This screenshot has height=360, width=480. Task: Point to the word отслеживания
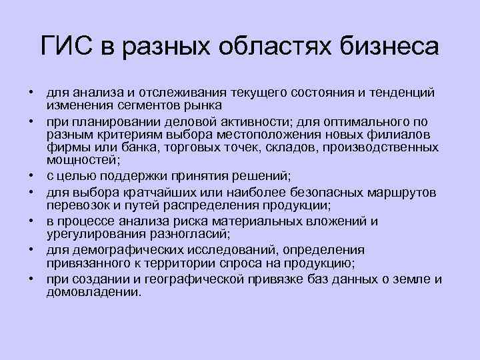pyautogui.click(x=169, y=92)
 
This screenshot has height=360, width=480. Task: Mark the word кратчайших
pyautogui.click(x=161, y=193)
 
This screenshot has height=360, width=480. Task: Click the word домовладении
pyautogui.click(x=93, y=292)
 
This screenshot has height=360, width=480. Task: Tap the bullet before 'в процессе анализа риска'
pyautogui.click(x=31, y=221)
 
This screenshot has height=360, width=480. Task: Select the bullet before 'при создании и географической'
pyautogui.click(x=31, y=279)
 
